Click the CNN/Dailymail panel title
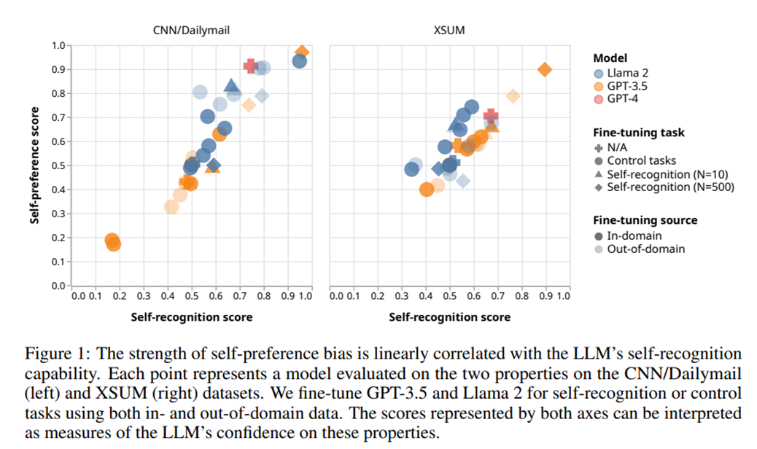pos(190,31)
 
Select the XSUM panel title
pos(449,31)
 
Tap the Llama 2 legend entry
pos(626,73)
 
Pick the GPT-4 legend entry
pos(623,99)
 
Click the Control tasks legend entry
pos(641,160)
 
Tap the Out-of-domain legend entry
pos(645,249)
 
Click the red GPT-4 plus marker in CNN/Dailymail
pos(251,66)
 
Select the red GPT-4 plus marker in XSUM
pos(491,115)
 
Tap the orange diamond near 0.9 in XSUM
pos(544,69)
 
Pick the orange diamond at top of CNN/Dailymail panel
pos(302,52)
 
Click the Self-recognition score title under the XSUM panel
pos(449,317)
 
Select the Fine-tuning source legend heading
pos(645,220)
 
